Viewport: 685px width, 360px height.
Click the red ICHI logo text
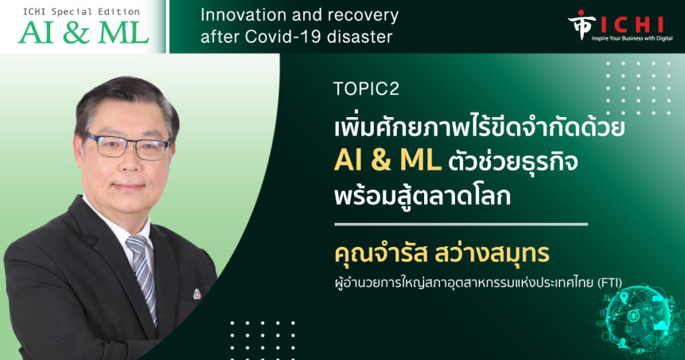pos(632,25)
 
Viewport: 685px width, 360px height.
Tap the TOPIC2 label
pos(366,89)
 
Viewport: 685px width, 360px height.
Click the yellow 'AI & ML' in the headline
pos(387,161)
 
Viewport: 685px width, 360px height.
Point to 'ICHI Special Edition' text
pos(81,11)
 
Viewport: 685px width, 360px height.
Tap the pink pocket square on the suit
pos(197,294)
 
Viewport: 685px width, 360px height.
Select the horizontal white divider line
pos(461,224)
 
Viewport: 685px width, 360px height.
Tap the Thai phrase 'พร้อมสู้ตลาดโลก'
pos(423,195)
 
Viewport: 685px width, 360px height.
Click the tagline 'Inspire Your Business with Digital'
pos(631,38)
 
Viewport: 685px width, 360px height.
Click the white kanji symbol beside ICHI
pos(581,25)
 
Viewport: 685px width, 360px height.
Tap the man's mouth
pos(128,187)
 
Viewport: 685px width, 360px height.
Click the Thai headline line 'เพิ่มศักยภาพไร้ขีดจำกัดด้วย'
pos(479,127)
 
